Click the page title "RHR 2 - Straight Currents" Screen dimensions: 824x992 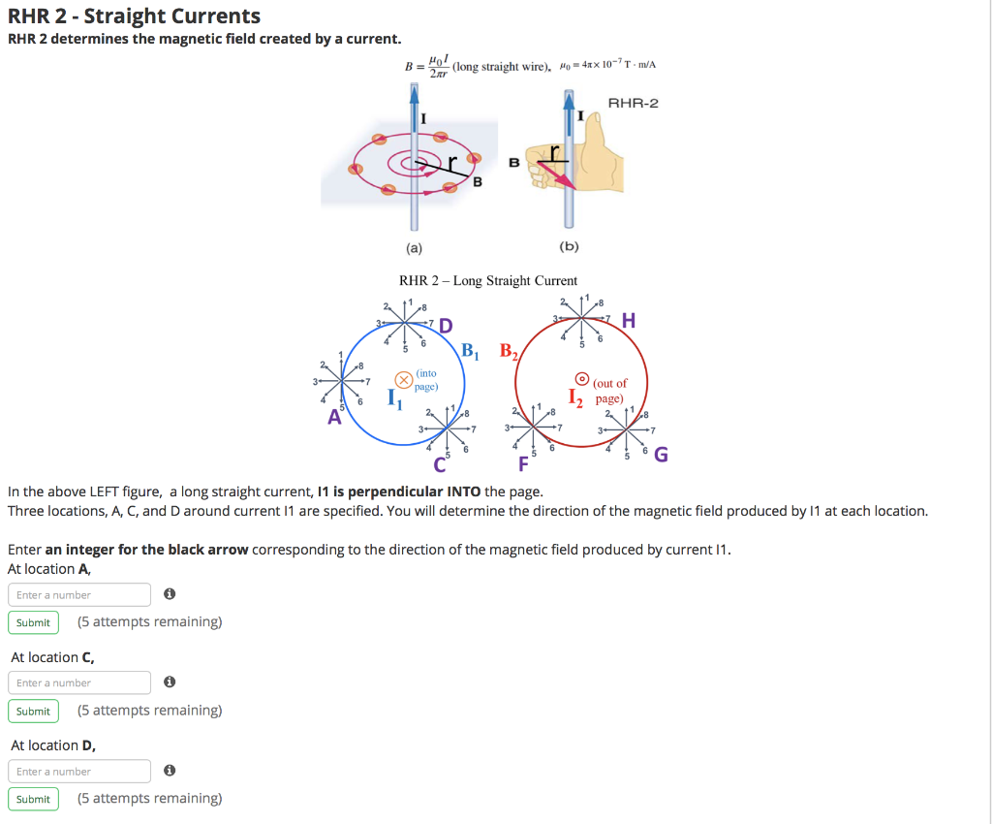(134, 16)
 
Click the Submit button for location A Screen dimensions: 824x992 (33, 622)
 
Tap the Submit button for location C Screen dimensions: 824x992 (33, 712)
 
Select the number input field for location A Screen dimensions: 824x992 (79, 594)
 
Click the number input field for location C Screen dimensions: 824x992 (79, 682)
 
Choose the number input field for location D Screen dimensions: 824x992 (79, 772)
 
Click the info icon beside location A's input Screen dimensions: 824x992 (170, 594)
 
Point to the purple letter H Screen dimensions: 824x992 (630, 321)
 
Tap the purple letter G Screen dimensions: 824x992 (661, 455)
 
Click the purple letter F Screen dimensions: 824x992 (524, 463)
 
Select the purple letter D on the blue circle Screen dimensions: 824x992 (446, 325)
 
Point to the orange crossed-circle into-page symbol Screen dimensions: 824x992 (402, 380)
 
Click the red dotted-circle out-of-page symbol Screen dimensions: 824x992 (582, 379)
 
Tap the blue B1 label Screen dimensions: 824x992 (471, 350)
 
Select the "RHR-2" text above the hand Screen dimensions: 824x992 (633, 104)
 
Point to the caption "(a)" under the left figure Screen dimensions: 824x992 (414, 247)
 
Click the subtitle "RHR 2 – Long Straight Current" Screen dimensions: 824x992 (488, 281)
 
